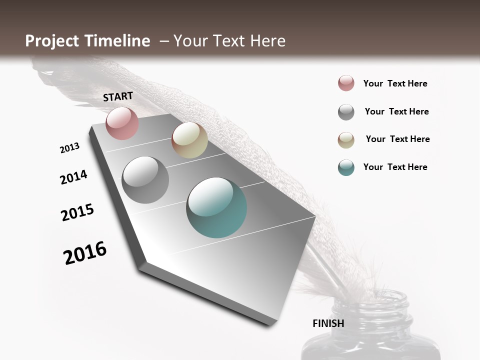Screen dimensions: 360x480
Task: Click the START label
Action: [x=118, y=96]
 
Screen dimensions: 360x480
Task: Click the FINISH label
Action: [x=328, y=323]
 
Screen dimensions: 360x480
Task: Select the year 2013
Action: [x=69, y=148]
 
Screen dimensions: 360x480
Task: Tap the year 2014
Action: [x=73, y=177]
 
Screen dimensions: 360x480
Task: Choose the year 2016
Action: [x=85, y=253]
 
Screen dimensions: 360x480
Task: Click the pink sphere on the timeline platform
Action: [x=122, y=123]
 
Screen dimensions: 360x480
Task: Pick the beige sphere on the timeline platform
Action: [x=189, y=140]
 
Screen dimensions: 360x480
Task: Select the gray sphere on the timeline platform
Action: [x=145, y=180]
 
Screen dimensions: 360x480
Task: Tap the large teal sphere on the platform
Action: [x=216, y=207]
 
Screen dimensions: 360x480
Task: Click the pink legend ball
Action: [x=346, y=83]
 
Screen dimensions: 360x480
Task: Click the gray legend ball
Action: [x=346, y=112]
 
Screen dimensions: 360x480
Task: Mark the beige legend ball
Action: [x=346, y=140]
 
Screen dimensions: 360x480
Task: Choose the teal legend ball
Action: [x=346, y=167]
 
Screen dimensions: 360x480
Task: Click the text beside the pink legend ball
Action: [x=395, y=83]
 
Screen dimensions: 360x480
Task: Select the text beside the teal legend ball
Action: [x=395, y=167]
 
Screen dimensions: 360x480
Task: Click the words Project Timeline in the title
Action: [x=87, y=41]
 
